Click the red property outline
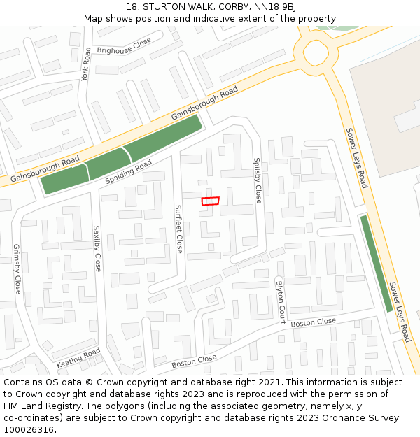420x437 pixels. (210, 201)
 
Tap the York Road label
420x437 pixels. (86, 64)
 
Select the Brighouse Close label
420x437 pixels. (124, 46)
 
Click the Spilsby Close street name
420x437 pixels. (258, 180)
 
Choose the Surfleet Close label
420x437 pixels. (179, 229)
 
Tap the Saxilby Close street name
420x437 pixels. (97, 248)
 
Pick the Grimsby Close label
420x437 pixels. (17, 268)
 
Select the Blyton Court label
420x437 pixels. (281, 302)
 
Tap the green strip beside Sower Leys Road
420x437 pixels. (376, 263)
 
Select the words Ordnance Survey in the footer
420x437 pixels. (364, 418)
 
